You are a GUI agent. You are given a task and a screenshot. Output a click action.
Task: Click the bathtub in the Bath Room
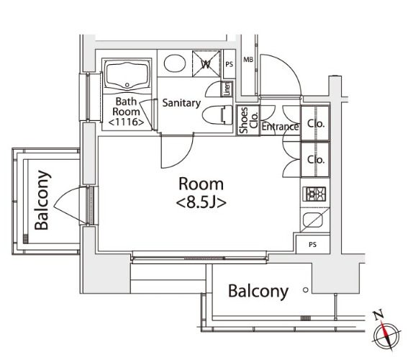[x=127, y=76]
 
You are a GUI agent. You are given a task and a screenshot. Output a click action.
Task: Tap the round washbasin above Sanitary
[x=174, y=63]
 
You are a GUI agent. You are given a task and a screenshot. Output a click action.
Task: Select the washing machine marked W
[x=206, y=64]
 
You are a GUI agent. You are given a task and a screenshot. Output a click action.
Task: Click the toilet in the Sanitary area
[x=217, y=115]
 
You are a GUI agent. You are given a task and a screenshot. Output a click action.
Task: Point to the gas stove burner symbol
[x=314, y=194]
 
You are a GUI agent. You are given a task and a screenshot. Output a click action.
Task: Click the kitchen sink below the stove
[x=313, y=220]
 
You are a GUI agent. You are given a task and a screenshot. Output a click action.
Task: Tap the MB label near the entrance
[x=248, y=60]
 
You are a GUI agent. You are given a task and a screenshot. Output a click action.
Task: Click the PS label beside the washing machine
[x=229, y=64]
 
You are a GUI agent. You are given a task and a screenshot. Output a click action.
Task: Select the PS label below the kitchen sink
[x=312, y=245]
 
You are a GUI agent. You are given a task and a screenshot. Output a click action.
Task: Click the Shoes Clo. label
[x=248, y=120]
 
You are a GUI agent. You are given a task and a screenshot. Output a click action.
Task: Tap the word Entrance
[x=280, y=127]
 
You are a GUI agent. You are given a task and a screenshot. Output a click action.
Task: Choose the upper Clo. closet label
[x=316, y=124]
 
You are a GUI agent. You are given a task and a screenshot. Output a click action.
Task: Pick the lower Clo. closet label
[x=316, y=159]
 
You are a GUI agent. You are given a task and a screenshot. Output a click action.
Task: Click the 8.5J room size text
[x=201, y=203]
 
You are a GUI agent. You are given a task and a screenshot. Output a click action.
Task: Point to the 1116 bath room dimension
[x=126, y=122]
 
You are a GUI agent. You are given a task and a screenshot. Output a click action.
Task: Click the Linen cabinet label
[x=227, y=89]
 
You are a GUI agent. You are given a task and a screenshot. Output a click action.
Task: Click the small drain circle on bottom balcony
[x=306, y=290]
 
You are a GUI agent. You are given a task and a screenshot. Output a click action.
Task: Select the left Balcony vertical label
[x=42, y=200]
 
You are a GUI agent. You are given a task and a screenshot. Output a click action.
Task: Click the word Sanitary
[x=181, y=103]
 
